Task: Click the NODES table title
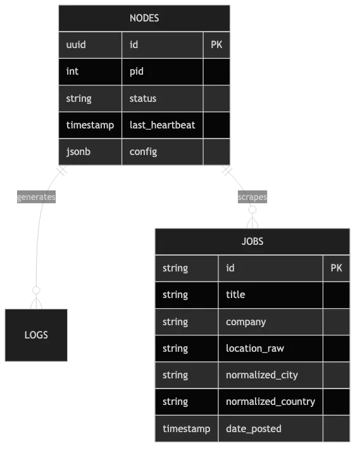pyautogui.click(x=144, y=18)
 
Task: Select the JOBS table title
pyautogui.click(x=252, y=241)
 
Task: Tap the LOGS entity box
pyautogui.click(x=36, y=335)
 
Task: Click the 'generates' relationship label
pyautogui.click(x=36, y=197)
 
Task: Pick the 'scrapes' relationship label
pyautogui.click(x=252, y=197)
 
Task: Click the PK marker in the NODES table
pyautogui.click(x=216, y=45)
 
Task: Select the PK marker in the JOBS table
pyautogui.click(x=336, y=268)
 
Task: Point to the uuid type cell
pyautogui.click(x=76, y=45)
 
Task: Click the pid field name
pyautogui.click(x=137, y=71)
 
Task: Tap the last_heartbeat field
pyautogui.click(x=162, y=125)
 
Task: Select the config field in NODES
pyautogui.click(x=143, y=152)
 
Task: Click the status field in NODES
pyautogui.click(x=142, y=99)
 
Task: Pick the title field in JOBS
pyautogui.click(x=235, y=295)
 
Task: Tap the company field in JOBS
pyautogui.click(x=245, y=322)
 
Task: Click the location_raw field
pyautogui.click(x=253, y=349)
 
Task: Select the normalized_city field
pyautogui.click(x=261, y=375)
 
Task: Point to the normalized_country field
pyautogui.click(x=270, y=402)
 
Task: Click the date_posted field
pyautogui.click(x=253, y=429)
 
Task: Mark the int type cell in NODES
pyautogui.click(x=72, y=71)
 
